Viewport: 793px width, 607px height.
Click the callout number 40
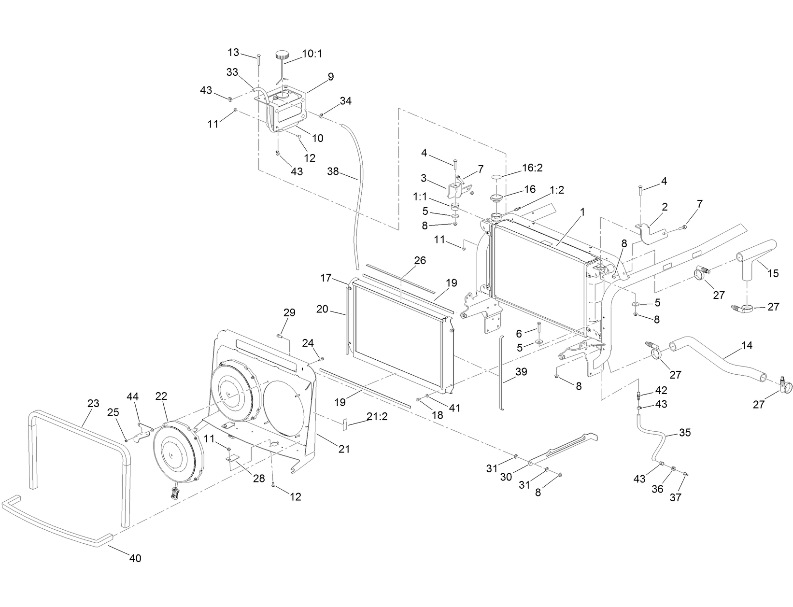(135, 558)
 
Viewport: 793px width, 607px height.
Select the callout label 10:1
(312, 54)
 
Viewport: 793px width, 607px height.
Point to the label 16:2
(533, 168)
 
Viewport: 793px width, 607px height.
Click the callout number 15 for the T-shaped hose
(773, 273)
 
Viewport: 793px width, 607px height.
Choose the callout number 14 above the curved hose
(747, 346)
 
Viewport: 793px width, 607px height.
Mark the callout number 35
(685, 432)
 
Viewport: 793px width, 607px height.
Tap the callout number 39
(521, 372)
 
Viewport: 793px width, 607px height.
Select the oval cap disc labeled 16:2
(497, 178)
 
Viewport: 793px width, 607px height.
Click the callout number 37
(675, 497)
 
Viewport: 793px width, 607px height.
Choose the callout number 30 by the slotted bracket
(506, 477)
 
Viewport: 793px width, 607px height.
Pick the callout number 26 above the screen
(420, 260)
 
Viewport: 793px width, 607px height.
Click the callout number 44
(132, 396)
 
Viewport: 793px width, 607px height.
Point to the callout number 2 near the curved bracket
(665, 207)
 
